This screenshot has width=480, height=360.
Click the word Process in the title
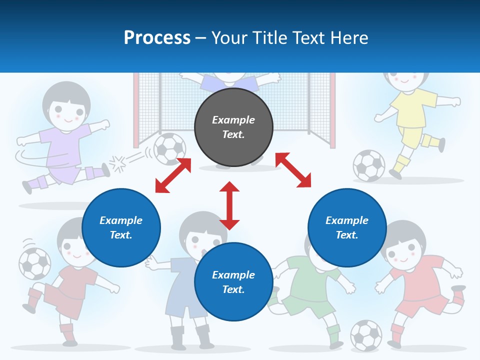[x=157, y=38]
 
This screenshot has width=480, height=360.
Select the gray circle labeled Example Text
[x=233, y=127]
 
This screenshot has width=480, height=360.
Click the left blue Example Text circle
[x=121, y=227]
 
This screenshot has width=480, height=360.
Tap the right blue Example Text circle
[x=347, y=227]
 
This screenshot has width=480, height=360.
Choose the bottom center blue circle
[x=233, y=281]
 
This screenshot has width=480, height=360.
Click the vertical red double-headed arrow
[x=229, y=205]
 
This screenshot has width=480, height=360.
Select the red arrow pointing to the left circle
[x=173, y=175]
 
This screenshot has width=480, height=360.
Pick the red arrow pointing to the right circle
[x=293, y=170]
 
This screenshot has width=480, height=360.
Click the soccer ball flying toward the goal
[x=169, y=148]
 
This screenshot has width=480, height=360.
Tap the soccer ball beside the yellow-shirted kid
[x=369, y=165]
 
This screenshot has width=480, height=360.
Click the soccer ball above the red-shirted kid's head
[x=34, y=263]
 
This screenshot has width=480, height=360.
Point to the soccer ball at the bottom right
[x=366, y=335]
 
